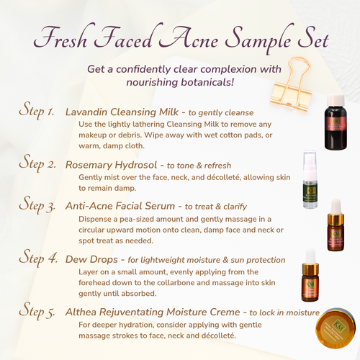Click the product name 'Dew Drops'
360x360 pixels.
[90, 258]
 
